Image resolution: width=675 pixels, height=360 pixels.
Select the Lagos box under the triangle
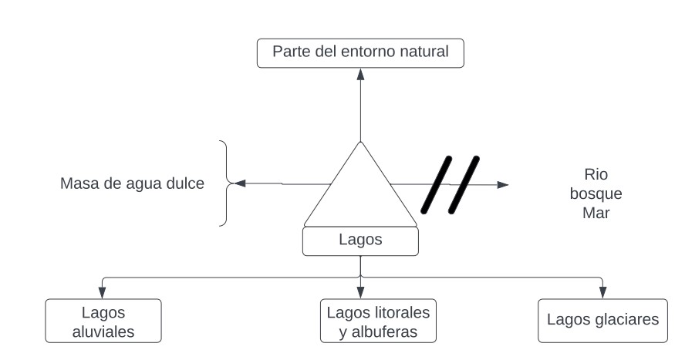click(x=360, y=240)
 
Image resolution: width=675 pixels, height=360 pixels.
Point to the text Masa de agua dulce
click(x=132, y=183)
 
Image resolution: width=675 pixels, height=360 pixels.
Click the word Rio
click(x=596, y=174)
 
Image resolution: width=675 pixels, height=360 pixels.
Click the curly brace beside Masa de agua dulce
click(x=225, y=183)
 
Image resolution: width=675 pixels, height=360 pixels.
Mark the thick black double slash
click(x=451, y=184)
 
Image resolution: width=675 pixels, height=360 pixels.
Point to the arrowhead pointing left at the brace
click(x=239, y=183)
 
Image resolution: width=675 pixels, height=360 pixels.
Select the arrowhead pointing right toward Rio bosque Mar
click(x=503, y=184)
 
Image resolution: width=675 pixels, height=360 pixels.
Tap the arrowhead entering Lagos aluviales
click(x=103, y=292)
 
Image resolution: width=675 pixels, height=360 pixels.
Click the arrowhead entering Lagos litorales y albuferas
click(x=360, y=292)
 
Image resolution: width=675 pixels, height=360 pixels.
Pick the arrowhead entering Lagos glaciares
click(x=602, y=292)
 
